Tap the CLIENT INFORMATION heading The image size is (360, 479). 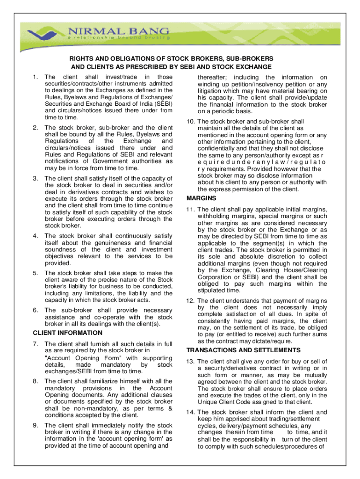(67, 333)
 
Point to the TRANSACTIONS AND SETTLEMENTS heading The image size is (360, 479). (243, 350)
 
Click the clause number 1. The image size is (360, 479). (35, 77)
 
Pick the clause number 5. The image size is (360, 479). (35, 273)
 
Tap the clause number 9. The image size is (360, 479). (35, 425)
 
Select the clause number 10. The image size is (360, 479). (190, 122)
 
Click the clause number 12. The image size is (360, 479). (190, 301)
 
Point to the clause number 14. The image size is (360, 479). (190, 412)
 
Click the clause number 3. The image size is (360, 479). (35, 178)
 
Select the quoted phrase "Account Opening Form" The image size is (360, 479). (86, 358)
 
